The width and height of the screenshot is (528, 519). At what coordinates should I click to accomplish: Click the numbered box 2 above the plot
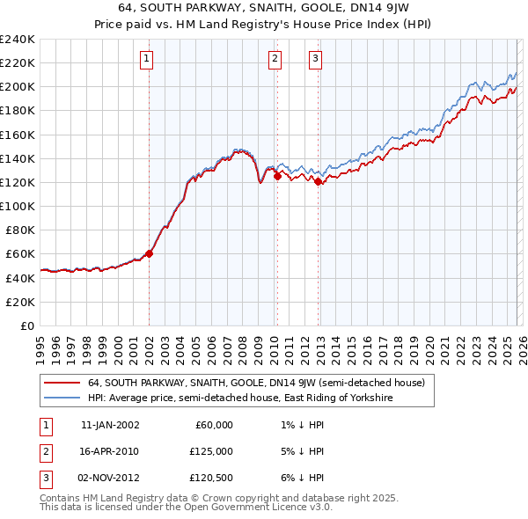point(275,59)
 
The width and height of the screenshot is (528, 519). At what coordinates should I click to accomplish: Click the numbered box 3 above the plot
point(315,59)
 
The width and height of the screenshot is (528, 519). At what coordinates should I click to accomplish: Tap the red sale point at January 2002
point(149,253)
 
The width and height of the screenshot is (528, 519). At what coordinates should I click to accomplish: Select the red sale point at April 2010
point(277,176)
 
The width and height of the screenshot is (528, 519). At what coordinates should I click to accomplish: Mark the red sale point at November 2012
point(318,182)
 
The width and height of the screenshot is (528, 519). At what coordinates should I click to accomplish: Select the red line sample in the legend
point(62,384)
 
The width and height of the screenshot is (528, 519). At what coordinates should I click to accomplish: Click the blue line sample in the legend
point(62,398)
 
